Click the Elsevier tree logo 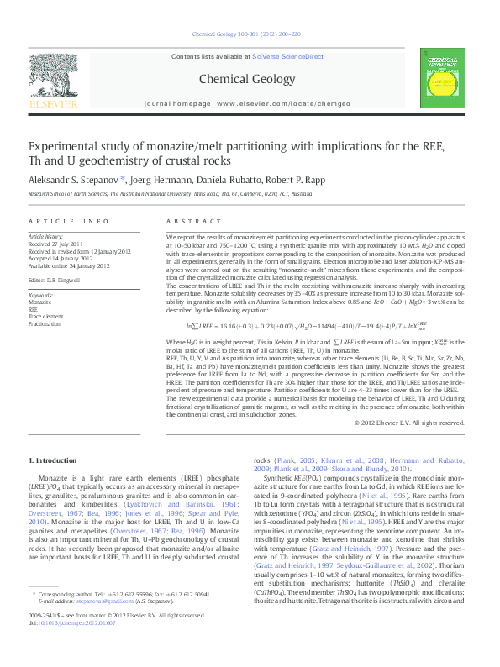coord(54,76)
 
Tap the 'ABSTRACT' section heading coord(185,221)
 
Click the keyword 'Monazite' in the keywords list coord(40,302)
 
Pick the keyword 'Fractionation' coord(45,323)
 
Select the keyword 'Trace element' coord(46,316)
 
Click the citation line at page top coord(246,34)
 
